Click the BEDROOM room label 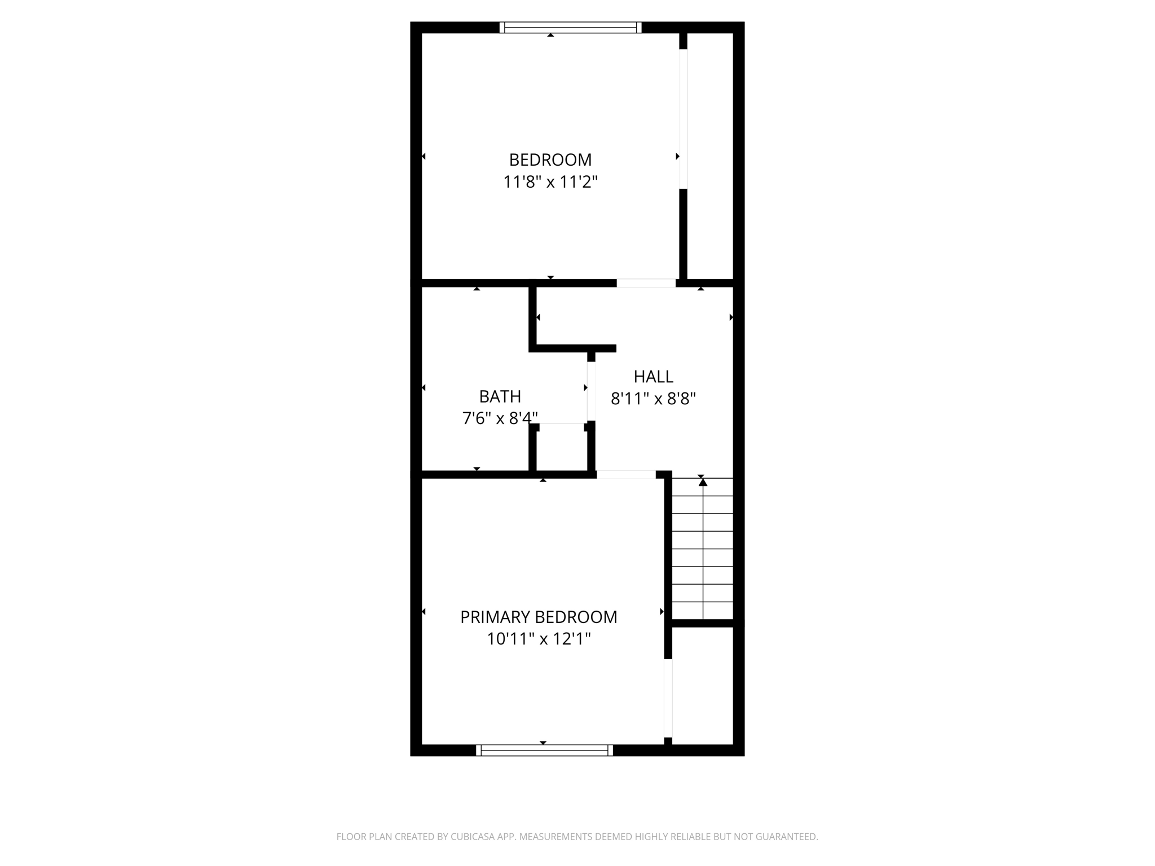pyautogui.click(x=550, y=160)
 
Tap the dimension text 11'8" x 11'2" pyautogui.click(x=550, y=182)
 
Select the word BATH pyautogui.click(x=500, y=397)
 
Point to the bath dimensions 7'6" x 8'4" pyautogui.click(x=500, y=418)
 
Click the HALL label pyautogui.click(x=653, y=377)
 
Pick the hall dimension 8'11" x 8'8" pyautogui.click(x=653, y=399)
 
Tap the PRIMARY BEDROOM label pyautogui.click(x=539, y=617)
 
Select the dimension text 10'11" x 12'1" pyautogui.click(x=539, y=639)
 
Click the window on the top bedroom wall pyautogui.click(x=570, y=28)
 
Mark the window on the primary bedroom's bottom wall pyautogui.click(x=544, y=750)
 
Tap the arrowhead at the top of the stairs pyautogui.click(x=703, y=482)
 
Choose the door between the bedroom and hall pyautogui.click(x=646, y=283)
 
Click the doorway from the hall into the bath pyautogui.click(x=591, y=391)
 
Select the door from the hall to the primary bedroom pyautogui.click(x=626, y=475)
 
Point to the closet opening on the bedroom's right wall pyautogui.click(x=683, y=119)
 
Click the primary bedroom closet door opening pyautogui.click(x=668, y=698)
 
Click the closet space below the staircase pyautogui.click(x=703, y=686)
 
